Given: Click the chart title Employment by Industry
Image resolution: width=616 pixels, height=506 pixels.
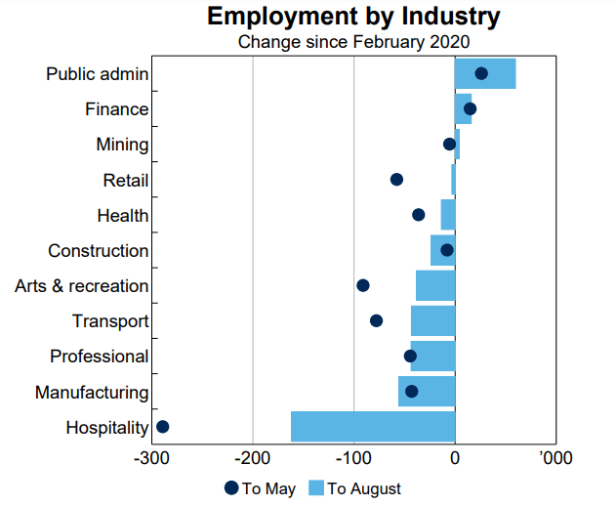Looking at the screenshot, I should (x=353, y=17).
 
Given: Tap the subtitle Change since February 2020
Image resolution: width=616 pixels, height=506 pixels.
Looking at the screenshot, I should (x=353, y=41).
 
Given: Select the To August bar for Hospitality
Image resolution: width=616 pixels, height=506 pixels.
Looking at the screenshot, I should (x=373, y=427).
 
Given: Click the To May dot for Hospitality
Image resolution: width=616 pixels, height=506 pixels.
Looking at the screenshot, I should (x=163, y=427).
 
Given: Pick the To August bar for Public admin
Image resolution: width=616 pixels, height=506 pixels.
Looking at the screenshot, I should (x=485, y=74).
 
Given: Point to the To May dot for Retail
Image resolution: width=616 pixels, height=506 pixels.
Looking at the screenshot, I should (x=396, y=180).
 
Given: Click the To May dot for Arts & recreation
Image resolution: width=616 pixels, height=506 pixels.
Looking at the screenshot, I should (x=363, y=285).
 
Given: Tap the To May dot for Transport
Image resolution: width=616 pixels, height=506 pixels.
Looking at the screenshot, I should (x=377, y=320).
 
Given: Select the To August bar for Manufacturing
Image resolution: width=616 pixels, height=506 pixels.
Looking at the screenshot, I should (x=427, y=392).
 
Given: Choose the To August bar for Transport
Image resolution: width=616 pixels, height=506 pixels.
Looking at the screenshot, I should (x=433, y=320).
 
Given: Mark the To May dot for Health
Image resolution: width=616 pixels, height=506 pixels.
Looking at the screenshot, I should (x=419, y=215).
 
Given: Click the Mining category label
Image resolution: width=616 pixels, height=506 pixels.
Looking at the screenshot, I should (x=122, y=145).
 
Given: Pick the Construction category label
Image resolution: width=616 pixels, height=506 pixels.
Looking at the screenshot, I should (x=98, y=251).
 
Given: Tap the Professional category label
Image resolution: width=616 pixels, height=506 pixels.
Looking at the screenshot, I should (x=99, y=357).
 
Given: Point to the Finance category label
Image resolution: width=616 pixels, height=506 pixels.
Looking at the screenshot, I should (x=116, y=109).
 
